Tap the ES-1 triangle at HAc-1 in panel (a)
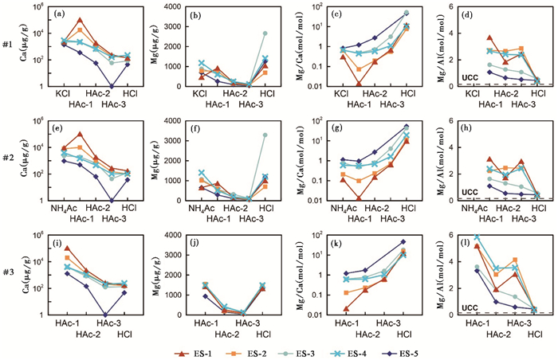click(79, 19)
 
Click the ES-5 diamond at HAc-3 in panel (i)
click(106, 315)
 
